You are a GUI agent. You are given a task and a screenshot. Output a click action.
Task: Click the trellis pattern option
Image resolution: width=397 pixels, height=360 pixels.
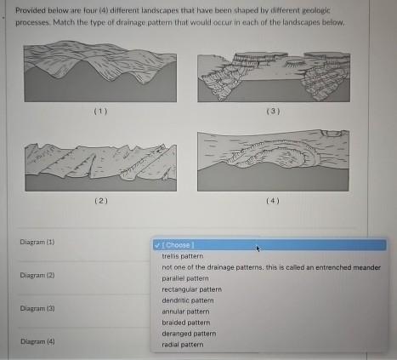point(182,255)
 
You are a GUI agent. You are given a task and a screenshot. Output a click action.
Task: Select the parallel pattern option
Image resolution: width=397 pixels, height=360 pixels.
point(184,277)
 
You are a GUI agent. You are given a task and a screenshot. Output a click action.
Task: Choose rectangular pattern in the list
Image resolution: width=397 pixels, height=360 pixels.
point(191,289)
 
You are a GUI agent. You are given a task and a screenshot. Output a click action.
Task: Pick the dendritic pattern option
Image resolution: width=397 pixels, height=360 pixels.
point(187,300)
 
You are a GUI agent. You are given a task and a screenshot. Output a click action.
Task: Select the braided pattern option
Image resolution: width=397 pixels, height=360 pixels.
point(185,323)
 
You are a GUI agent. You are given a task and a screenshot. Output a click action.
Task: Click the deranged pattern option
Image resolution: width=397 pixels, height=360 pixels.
point(188,334)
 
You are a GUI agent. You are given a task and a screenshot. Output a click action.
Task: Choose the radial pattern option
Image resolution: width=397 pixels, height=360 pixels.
point(181,345)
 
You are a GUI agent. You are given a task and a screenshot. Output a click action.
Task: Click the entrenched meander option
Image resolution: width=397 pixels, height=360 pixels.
point(270,266)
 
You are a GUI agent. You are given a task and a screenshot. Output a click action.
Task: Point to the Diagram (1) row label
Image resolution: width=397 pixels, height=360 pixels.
point(37,243)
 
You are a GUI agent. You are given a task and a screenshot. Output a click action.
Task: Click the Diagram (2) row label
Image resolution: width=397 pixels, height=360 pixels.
point(37,276)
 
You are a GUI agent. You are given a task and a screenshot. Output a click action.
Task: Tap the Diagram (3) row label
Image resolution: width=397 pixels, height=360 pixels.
point(37,308)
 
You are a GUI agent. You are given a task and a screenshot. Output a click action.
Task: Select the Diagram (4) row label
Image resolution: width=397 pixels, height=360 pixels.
point(37,341)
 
